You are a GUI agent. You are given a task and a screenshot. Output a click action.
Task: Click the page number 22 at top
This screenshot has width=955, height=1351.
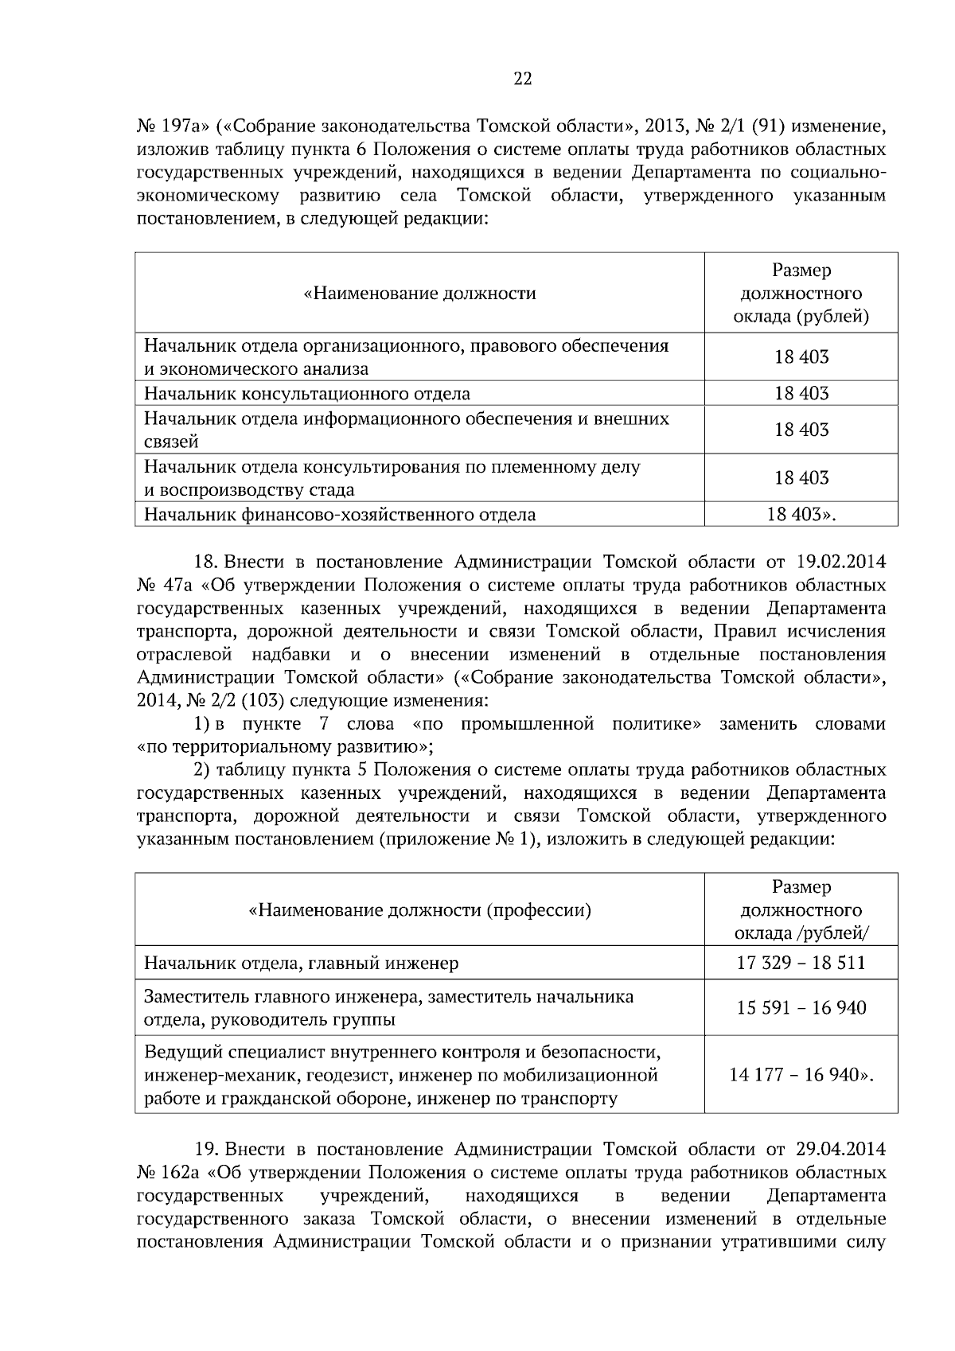pyautogui.click(x=522, y=78)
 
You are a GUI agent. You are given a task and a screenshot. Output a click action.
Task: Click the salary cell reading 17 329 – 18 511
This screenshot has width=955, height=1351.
pyautogui.click(x=801, y=963)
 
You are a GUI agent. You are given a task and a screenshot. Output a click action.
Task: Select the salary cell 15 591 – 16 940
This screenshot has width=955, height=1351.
pyautogui.click(x=801, y=1008)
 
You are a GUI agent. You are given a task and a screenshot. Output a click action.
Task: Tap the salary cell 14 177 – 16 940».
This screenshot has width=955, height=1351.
pyautogui.click(x=801, y=1075)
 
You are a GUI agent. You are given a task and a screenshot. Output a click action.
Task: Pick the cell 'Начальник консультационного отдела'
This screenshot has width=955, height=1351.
pyautogui.click(x=306, y=394)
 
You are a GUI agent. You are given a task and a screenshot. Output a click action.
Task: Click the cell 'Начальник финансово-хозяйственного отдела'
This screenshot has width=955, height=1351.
pyautogui.click(x=340, y=515)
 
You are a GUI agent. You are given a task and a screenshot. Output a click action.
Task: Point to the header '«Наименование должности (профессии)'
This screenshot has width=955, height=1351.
pyautogui.click(x=420, y=909)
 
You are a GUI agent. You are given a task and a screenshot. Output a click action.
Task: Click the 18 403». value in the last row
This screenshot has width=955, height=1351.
pyautogui.click(x=801, y=515)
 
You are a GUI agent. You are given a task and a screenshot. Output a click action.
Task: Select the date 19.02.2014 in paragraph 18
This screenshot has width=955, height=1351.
pyautogui.click(x=840, y=563)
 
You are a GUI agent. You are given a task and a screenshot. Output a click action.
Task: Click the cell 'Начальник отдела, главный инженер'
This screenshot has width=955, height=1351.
pyautogui.click(x=301, y=964)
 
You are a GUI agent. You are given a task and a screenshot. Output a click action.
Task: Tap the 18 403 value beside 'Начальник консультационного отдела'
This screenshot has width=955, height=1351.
pyautogui.click(x=801, y=394)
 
